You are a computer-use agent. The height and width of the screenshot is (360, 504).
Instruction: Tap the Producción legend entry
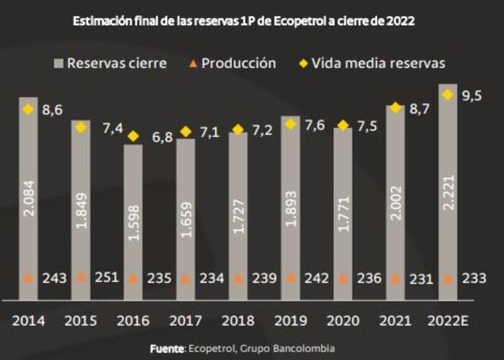pos(231,63)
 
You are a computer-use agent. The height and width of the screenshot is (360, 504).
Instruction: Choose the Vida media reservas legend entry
pos(372,63)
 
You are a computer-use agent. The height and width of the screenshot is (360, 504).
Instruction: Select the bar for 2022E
pos(448,191)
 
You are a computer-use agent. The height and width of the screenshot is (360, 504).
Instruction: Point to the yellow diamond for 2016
pos(132,136)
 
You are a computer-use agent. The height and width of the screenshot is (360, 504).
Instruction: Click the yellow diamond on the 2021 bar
pos(395,108)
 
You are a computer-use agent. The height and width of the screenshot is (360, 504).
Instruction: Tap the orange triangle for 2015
pos(81,276)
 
